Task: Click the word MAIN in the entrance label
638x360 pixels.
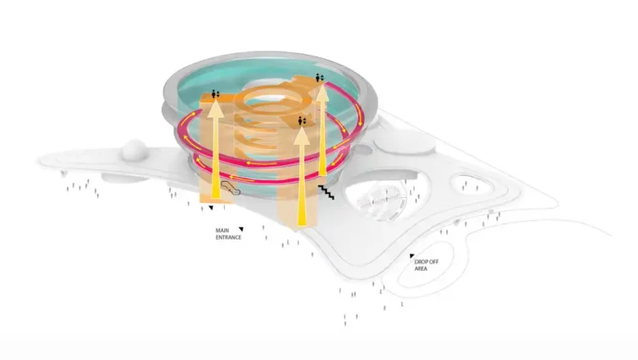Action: (222, 230)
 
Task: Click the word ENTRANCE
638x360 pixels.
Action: (228, 237)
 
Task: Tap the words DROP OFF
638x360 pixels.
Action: (426, 262)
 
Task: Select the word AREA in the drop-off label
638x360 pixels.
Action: (420, 269)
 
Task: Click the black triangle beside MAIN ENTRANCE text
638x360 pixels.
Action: (241, 229)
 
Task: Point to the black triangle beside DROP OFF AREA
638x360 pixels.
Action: (411, 256)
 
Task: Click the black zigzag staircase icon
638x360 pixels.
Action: (326, 192)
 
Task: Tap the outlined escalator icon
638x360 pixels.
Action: (231, 187)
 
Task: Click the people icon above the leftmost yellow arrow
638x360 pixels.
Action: (215, 95)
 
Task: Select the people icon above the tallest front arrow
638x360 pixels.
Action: (302, 121)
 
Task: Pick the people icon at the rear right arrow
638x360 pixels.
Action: (320, 77)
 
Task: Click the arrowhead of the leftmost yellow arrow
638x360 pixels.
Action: (215, 109)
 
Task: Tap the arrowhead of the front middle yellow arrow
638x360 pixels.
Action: (302, 135)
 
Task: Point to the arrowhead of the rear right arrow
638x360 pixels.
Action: (322, 92)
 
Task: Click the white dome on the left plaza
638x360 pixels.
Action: (133, 150)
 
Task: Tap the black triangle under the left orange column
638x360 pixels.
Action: (211, 208)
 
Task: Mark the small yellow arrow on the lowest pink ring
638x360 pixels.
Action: (242, 178)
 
